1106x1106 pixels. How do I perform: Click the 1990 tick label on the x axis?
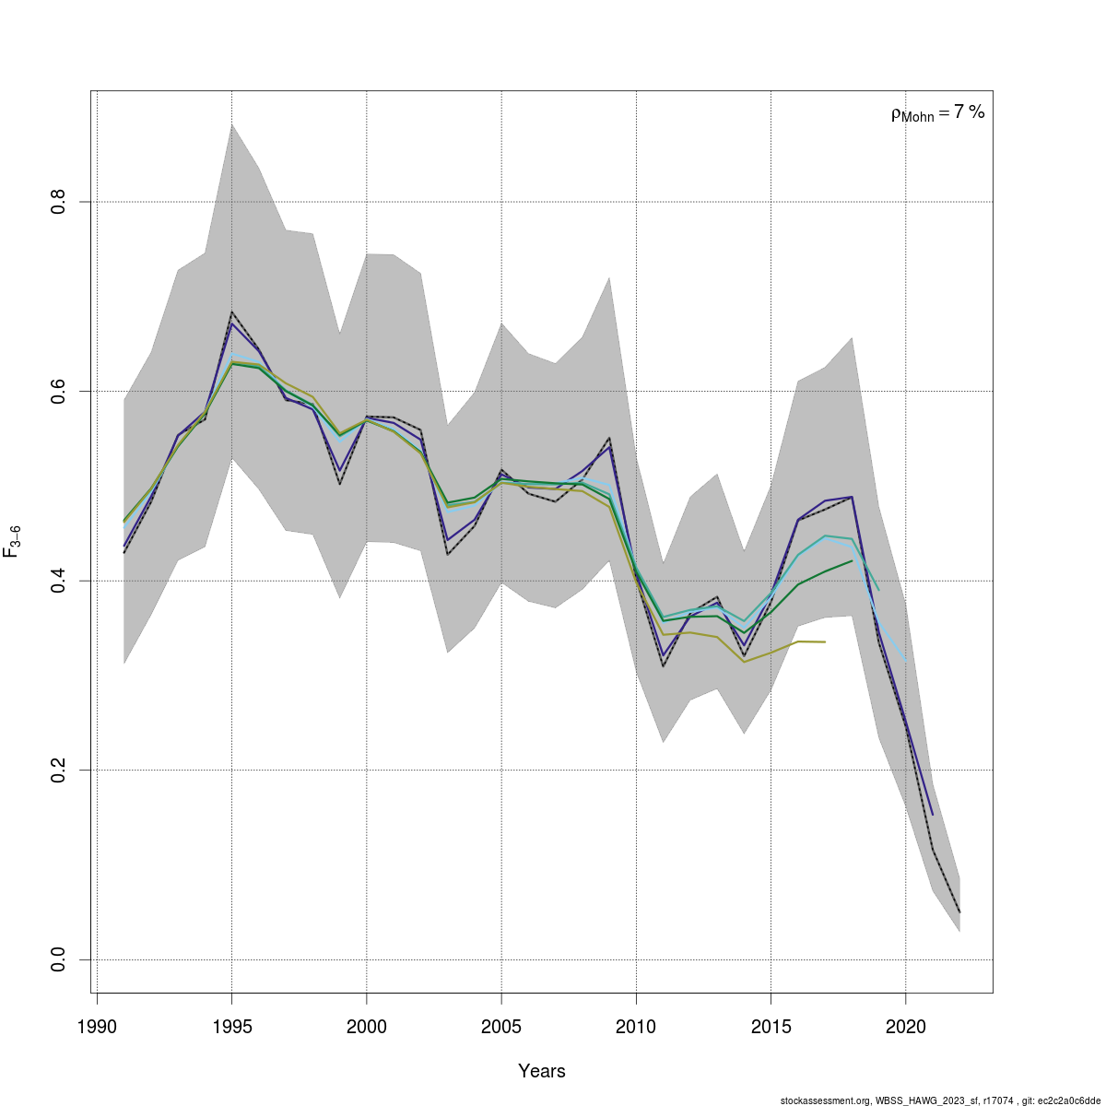97,1027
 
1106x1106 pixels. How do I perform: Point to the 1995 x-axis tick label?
231,1027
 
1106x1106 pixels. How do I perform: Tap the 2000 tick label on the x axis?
367,1027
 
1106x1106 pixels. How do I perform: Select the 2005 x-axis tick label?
501,1027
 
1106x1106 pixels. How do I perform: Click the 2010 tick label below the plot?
636,1027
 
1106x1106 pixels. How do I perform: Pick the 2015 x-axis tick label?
771,1027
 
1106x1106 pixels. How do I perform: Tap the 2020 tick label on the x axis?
905,1027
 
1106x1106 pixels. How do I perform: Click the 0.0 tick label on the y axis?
57,959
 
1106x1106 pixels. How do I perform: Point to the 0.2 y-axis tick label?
57,770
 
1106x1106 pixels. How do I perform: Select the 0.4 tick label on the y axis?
57,581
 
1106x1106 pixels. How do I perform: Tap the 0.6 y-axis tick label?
57,391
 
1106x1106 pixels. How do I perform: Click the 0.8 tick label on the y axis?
57,201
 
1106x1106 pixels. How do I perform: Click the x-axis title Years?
542,1071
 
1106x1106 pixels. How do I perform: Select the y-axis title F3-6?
13,542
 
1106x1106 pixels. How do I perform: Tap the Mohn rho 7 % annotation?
937,113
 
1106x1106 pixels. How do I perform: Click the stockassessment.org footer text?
939,1100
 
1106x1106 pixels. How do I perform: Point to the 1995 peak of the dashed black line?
231,312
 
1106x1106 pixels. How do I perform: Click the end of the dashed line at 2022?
959,912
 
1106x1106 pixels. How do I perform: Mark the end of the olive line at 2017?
825,641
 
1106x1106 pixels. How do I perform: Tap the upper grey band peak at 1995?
231,124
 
